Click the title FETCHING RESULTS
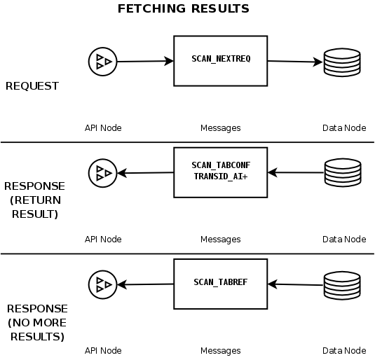coord(183,9)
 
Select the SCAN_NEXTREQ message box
coord(220,60)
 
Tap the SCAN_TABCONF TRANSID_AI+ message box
coord(220,171)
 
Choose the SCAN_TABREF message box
coord(220,283)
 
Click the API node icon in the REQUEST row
coord(102,62)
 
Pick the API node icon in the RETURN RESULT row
coord(102,172)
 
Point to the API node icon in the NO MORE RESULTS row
coord(102,284)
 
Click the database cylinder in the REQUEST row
coord(341,63)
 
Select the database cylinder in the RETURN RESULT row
coord(341,172)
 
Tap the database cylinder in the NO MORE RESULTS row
coord(341,284)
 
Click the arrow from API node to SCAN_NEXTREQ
coord(144,62)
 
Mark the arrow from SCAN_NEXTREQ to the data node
coord(294,62)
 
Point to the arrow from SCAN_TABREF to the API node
coord(145,284)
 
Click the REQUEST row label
coord(32,86)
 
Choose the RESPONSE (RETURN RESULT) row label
coord(34,200)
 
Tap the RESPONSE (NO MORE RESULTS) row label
coord(36,322)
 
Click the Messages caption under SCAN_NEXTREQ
coord(220,128)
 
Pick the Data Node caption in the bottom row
coord(343,350)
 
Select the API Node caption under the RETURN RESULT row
coord(103,239)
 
